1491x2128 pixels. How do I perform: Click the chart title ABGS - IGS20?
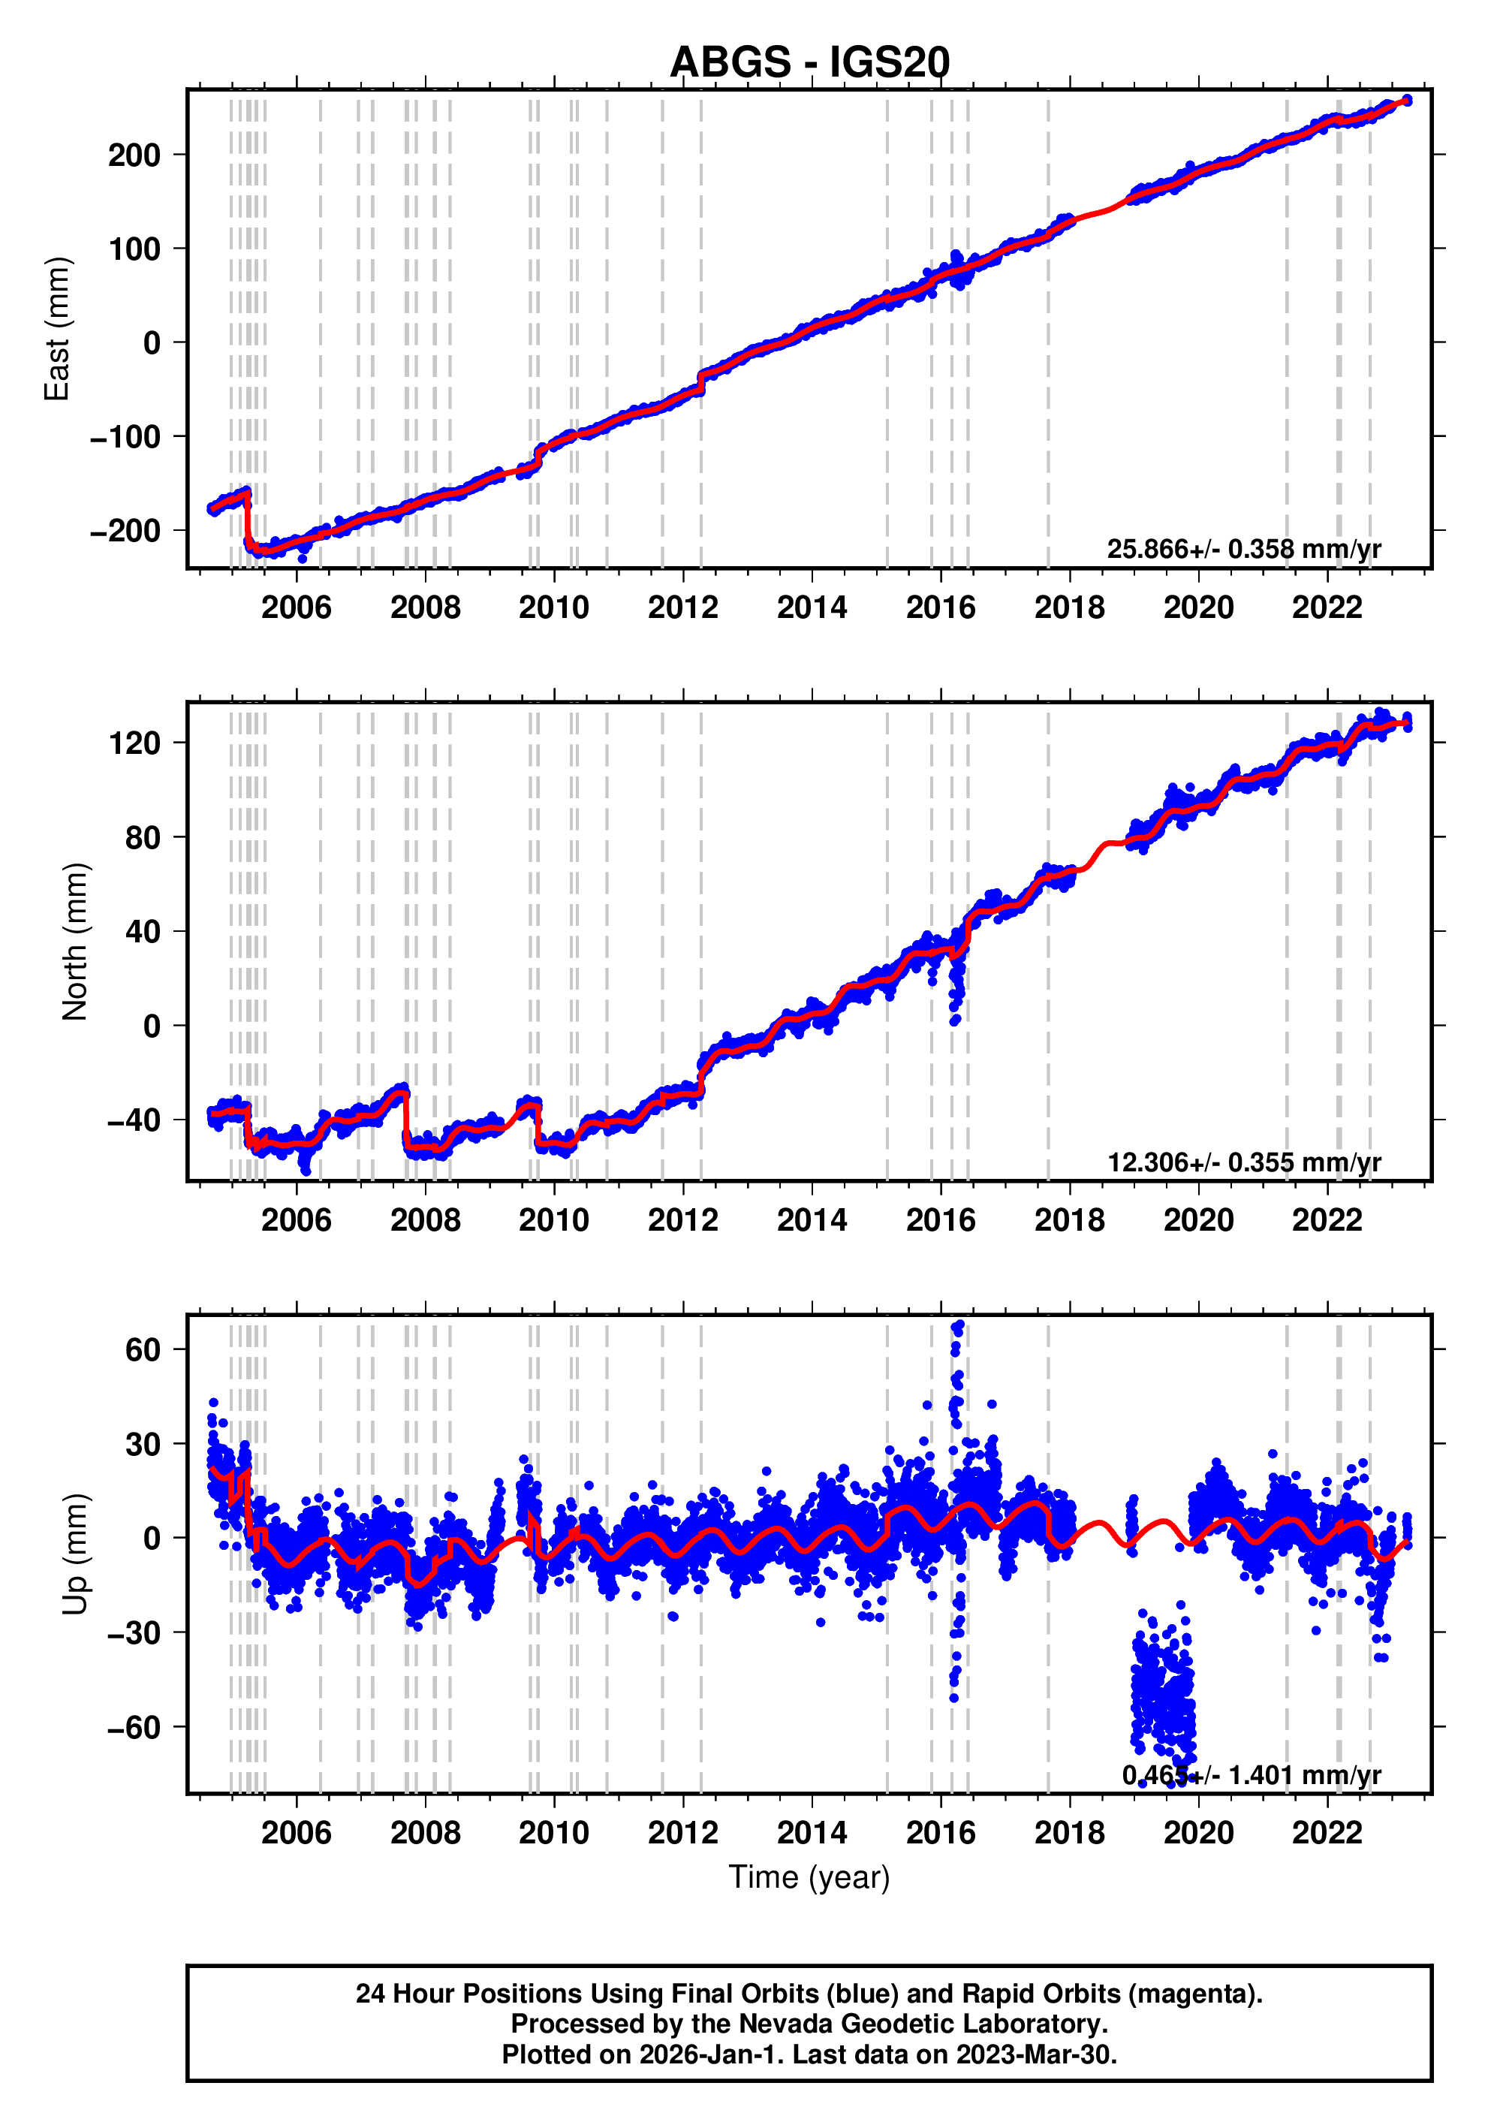pos(809,62)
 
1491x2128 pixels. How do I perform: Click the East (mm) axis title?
pos(58,329)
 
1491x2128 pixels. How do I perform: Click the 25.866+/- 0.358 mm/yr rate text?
pos(1243,549)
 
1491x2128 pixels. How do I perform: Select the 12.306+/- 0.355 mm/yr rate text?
pos(1243,1162)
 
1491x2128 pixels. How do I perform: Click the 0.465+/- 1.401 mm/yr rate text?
pos(1251,1774)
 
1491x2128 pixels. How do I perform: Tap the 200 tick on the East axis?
pos(134,155)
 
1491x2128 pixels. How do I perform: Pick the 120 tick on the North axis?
pos(134,743)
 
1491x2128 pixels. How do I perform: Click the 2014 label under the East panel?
pos(812,608)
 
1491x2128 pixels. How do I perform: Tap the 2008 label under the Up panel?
pos(426,1832)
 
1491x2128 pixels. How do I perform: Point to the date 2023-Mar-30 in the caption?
pos(1035,2054)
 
